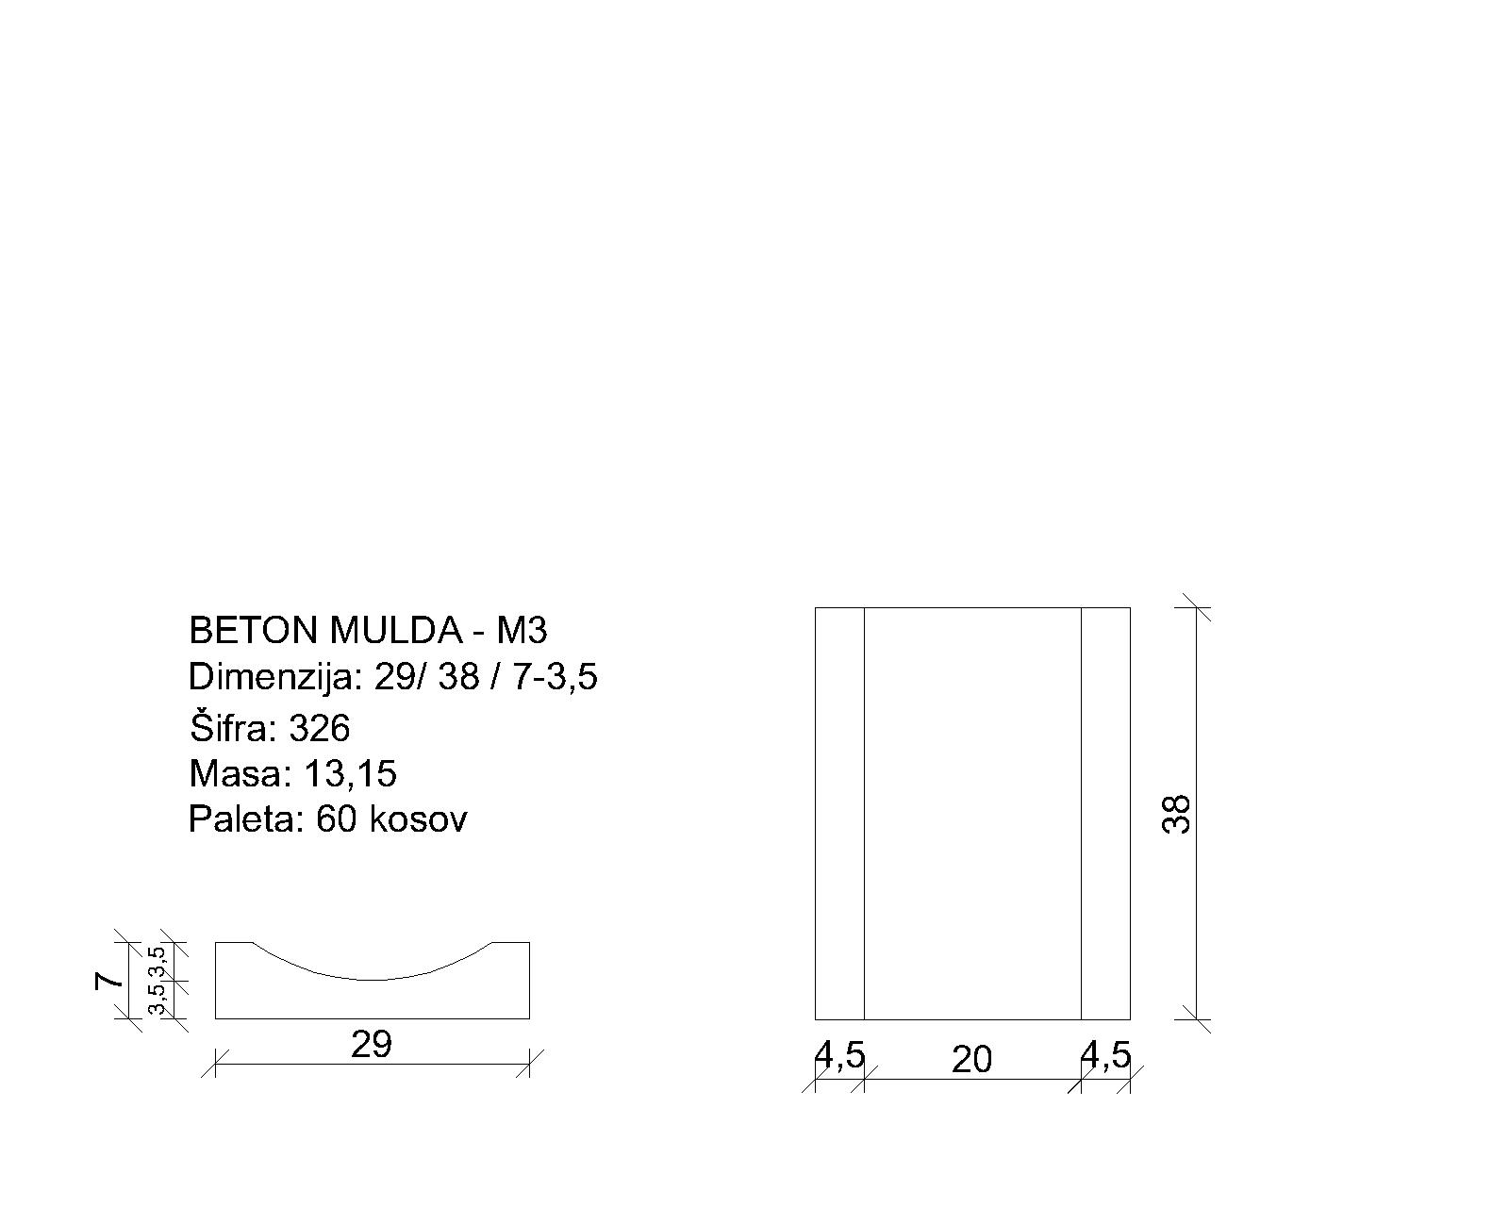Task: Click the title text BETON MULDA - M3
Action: point(368,631)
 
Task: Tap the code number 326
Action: point(319,728)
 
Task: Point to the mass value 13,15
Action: point(350,774)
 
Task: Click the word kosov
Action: point(417,818)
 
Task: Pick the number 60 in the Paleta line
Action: point(337,819)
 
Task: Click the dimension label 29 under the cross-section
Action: point(371,1045)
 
